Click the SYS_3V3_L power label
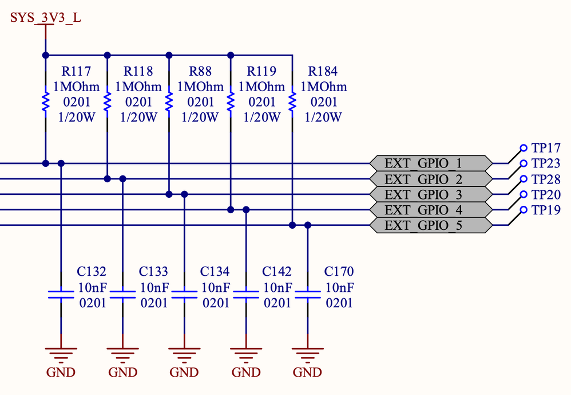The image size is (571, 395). pos(46,18)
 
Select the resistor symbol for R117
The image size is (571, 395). pos(45,102)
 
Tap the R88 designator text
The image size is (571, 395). pos(200,72)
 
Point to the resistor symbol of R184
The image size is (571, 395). pos(292,102)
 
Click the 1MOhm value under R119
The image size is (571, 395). pos(261,87)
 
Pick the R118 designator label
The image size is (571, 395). pos(138,72)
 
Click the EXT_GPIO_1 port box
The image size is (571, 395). pos(430,163)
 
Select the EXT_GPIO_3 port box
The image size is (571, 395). pos(430,194)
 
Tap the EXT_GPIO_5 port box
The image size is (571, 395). pos(430,225)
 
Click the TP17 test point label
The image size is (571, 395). pos(546,148)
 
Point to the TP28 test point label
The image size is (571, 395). pos(546,179)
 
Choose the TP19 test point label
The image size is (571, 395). pos(546,210)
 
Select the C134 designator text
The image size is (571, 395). pos(215,272)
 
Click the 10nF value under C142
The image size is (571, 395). pos(277,287)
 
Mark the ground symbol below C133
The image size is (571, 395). pos(122,352)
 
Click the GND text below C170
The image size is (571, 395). pos(308,373)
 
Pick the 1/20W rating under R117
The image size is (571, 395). pos(77,118)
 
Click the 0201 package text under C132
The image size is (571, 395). pos(92,303)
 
